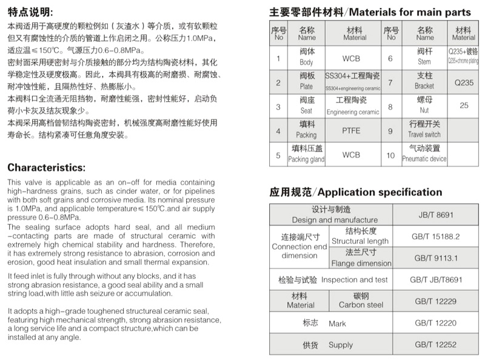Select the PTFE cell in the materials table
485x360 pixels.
(x=351, y=130)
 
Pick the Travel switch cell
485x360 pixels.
(x=424, y=130)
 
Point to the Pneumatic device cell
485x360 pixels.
(x=424, y=154)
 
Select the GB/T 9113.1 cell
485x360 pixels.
(x=436, y=258)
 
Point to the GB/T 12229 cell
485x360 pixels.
(x=436, y=301)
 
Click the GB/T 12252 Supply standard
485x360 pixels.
(x=436, y=344)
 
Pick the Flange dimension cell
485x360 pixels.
(x=361, y=258)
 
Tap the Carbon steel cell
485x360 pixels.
(x=361, y=301)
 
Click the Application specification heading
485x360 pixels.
(x=356, y=192)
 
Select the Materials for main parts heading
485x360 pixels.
(x=370, y=12)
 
